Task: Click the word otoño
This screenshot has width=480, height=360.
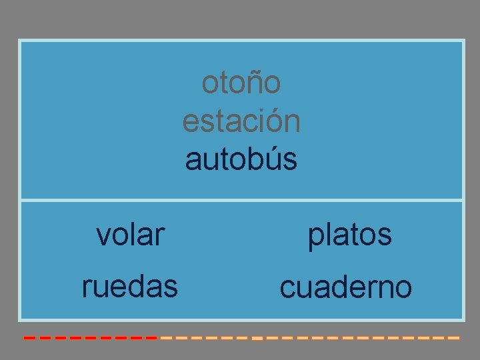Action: [x=241, y=83]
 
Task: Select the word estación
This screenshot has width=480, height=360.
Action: [x=241, y=122]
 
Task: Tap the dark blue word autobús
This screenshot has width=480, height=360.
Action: [x=241, y=160]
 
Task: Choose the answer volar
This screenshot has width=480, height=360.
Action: [x=130, y=235]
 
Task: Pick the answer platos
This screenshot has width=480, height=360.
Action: [x=349, y=235]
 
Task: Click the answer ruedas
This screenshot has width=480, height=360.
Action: [x=130, y=287]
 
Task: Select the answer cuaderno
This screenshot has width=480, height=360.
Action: [x=346, y=288]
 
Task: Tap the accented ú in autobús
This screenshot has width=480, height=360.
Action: [x=275, y=160]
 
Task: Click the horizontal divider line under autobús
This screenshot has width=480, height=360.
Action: [x=241, y=199]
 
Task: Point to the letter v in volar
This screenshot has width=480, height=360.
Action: [x=103, y=235]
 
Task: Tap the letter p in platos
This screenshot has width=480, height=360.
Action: [x=315, y=237]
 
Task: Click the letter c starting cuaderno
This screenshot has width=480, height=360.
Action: [x=287, y=289]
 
